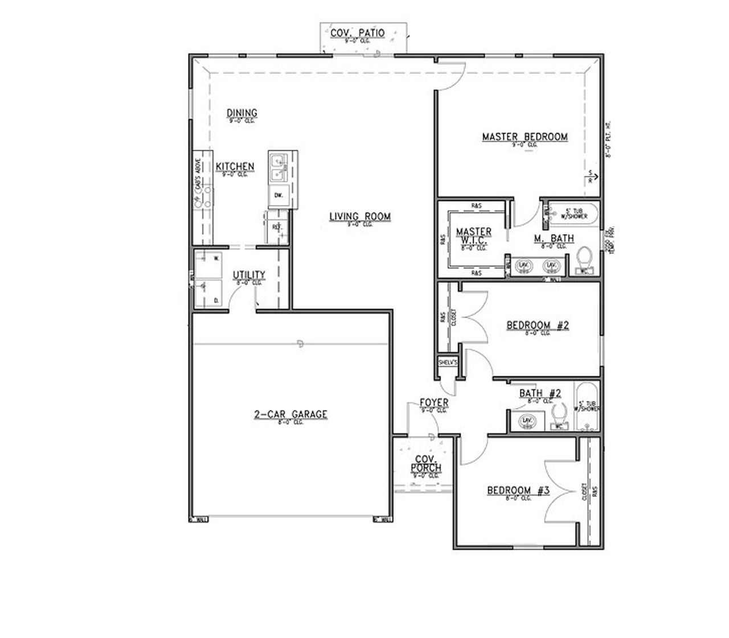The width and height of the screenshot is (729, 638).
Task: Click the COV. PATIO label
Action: (358, 33)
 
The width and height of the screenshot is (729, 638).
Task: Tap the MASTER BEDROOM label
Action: (525, 137)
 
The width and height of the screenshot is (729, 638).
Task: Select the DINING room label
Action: (242, 113)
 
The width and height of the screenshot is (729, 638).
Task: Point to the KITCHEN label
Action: (235, 167)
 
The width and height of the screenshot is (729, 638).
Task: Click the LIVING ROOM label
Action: (360, 216)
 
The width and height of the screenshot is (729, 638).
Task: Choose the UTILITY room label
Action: (249, 275)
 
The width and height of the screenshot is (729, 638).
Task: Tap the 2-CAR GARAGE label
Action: (290, 414)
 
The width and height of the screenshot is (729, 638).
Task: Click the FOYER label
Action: (434, 403)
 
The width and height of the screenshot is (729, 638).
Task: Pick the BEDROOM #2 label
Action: (538, 326)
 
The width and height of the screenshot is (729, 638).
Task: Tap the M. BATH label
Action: (554, 238)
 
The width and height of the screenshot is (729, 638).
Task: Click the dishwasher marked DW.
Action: (279, 195)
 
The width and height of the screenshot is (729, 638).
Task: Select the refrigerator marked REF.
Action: (278, 227)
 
